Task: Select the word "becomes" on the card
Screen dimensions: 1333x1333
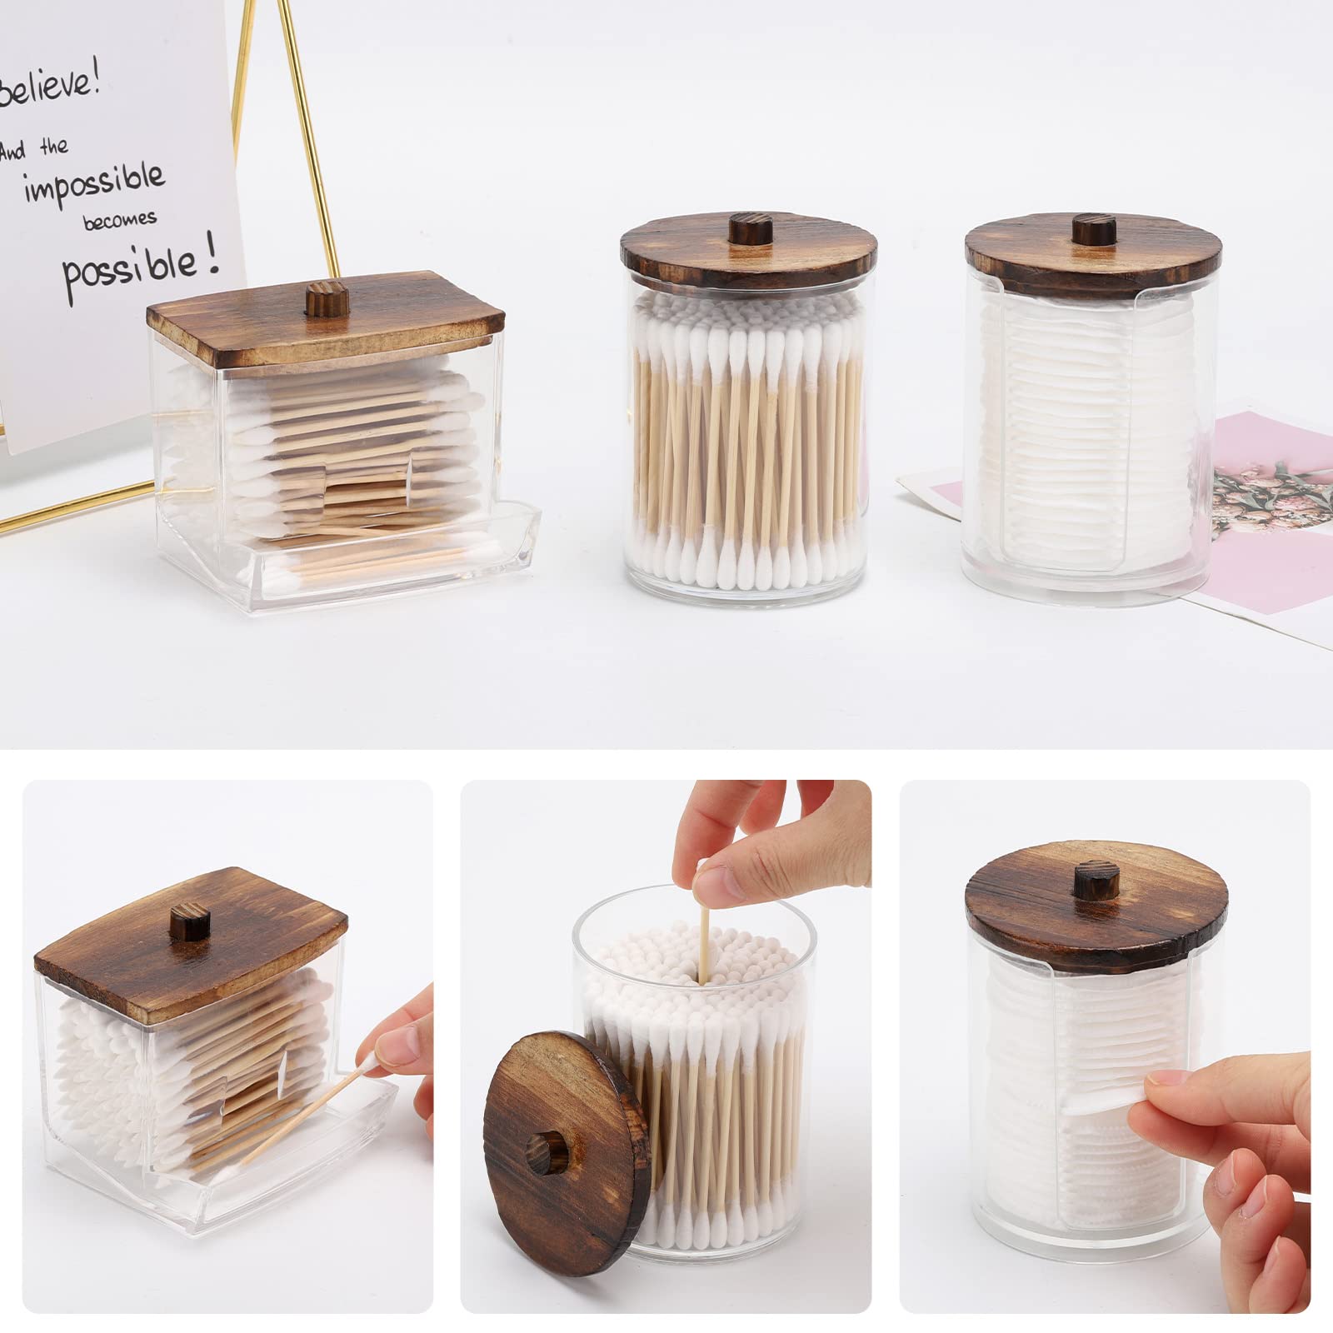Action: tap(119, 222)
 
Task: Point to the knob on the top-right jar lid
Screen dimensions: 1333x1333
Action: tap(1086, 229)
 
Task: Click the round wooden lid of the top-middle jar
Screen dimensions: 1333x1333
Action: tap(741, 250)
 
